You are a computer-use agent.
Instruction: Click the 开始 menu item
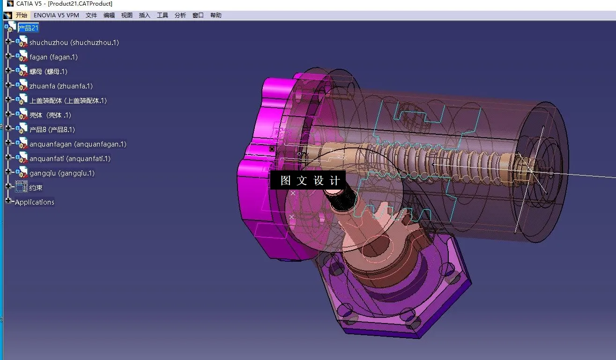click(22, 15)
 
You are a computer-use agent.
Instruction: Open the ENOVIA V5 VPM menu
click(56, 15)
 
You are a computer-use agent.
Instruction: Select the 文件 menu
click(91, 15)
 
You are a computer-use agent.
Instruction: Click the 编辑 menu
click(109, 15)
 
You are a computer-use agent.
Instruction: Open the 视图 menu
click(127, 15)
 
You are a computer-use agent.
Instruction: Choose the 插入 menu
click(145, 15)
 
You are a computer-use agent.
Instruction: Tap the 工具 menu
click(163, 15)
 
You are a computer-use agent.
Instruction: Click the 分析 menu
click(180, 15)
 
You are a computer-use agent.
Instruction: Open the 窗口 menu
click(198, 15)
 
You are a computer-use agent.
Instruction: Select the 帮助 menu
click(216, 15)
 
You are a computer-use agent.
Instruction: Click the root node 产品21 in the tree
click(28, 28)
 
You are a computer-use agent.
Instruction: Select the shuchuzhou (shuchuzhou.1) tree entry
click(74, 43)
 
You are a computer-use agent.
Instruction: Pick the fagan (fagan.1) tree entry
click(53, 57)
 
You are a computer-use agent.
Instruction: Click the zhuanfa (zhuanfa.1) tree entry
click(61, 86)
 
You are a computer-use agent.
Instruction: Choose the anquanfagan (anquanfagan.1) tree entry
click(78, 144)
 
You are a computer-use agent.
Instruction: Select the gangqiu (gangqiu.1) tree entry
click(62, 173)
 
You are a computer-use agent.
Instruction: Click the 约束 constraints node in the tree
click(36, 188)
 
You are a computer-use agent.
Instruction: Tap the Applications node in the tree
click(35, 202)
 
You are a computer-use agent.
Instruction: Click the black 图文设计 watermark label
click(308, 181)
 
